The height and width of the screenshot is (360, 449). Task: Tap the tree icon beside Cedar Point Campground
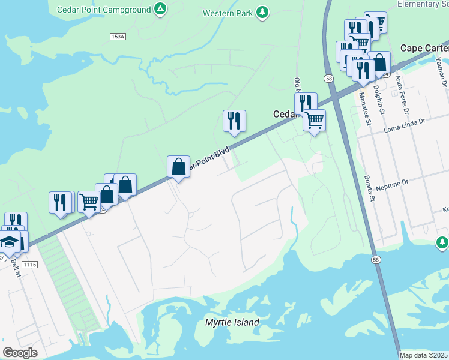click(159, 9)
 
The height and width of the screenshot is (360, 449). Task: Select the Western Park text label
click(228, 13)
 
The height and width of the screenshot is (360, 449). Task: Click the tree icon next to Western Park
click(262, 12)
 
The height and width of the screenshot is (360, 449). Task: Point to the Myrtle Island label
click(232, 323)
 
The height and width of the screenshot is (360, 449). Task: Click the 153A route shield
click(118, 37)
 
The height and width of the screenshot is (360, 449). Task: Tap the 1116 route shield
click(29, 264)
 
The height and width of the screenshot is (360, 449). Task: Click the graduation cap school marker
click(10, 242)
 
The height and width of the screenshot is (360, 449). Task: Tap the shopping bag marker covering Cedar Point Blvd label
click(179, 166)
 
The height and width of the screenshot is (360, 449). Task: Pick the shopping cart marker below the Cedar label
click(314, 120)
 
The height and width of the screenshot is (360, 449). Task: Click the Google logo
click(20, 353)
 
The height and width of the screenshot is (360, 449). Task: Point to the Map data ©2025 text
click(424, 355)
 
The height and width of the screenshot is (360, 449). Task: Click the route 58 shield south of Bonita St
click(375, 259)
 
